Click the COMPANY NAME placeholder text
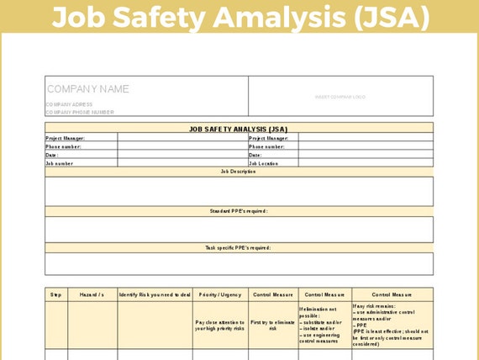pyautogui.click(x=88, y=89)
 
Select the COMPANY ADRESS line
pyautogui.click(x=69, y=104)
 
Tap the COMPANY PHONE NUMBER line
pyautogui.click(x=80, y=112)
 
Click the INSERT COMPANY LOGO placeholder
pyautogui.click(x=340, y=97)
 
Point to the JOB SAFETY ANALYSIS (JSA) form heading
pyautogui.click(x=239, y=129)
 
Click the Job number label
pyautogui.click(x=60, y=163)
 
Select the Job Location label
pyautogui.click(x=264, y=163)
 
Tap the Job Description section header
pyautogui.click(x=239, y=172)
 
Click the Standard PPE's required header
pyautogui.click(x=239, y=211)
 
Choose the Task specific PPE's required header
pyautogui.click(x=239, y=248)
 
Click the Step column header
pyautogui.click(x=56, y=295)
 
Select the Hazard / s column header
pyautogui.click(x=92, y=295)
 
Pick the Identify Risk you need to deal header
pyautogui.click(x=155, y=295)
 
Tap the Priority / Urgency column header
pyautogui.click(x=219, y=295)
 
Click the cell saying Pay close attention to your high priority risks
pyautogui.click(x=219, y=326)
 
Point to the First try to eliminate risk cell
pyautogui.click(x=272, y=326)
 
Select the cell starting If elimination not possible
pyautogui.click(x=324, y=326)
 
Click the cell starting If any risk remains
pyautogui.click(x=392, y=325)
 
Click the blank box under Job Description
pyautogui.click(x=239, y=191)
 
